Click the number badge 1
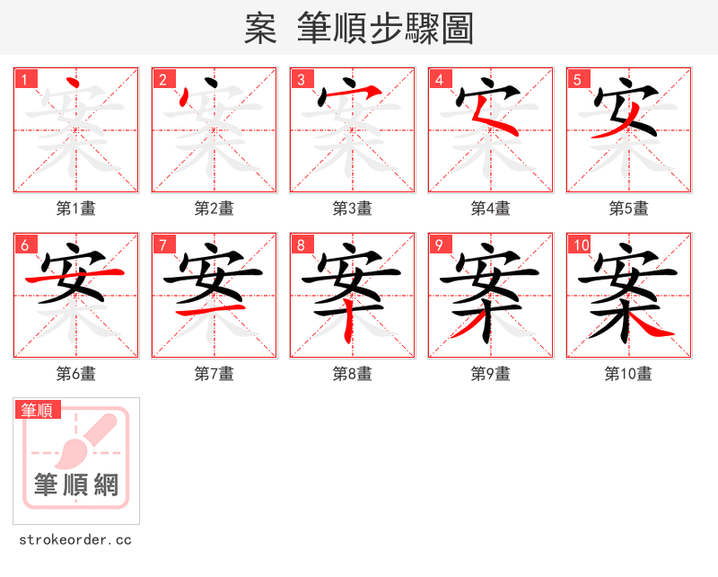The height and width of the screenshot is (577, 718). click(26, 80)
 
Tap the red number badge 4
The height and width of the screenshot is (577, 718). click(439, 80)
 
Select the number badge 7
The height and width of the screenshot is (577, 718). click(163, 245)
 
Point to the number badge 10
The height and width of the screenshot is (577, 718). click(580, 245)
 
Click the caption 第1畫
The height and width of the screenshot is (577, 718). click(76, 209)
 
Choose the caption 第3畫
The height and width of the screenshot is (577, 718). click(352, 209)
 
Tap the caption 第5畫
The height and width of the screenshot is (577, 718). click(628, 209)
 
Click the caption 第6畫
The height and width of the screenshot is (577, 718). click(76, 374)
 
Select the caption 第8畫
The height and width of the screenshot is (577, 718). click(352, 374)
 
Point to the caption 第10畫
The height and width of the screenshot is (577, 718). click(628, 374)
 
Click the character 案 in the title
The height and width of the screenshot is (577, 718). click(260, 29)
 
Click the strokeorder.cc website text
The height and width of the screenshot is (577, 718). click(75, 540)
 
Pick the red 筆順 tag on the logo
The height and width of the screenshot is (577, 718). click(38, 411)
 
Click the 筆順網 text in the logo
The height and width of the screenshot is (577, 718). click(76, 486)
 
